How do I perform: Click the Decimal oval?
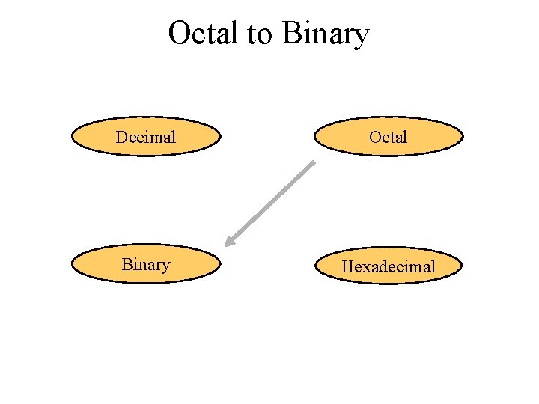click(146, 137)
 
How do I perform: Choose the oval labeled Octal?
click(388, 137)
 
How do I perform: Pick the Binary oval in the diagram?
click(146, 265)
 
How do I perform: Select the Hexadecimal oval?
click(388, 266)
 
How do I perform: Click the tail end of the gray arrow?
click(314, 162)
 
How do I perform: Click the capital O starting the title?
click(180, 34)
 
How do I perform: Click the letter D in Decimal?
click(121, 137)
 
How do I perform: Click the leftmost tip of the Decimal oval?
click(72, 137)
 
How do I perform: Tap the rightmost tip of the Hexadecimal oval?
click(462, 266)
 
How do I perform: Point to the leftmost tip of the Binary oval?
click(72, 265)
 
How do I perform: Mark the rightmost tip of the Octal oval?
click(462, 137)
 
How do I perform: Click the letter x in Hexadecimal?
click(365, 267)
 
